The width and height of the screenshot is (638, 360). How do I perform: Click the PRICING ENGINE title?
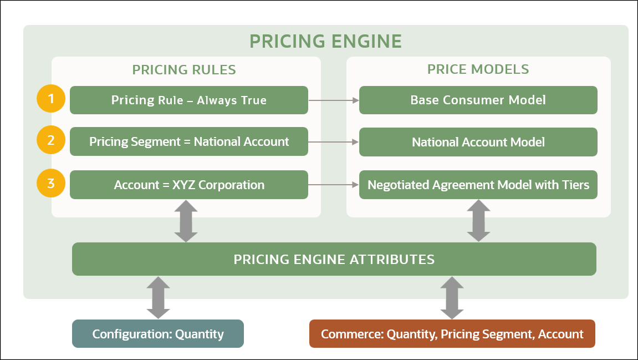325,41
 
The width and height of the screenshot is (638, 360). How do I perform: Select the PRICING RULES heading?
184,69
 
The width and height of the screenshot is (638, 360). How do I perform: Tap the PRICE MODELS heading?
478,69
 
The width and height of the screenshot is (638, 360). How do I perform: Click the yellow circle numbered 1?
51,99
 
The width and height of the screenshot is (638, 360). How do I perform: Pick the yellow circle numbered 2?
51,141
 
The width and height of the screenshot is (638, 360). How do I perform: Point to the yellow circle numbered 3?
51,183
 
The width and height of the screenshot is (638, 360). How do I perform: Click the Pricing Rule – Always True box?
188,100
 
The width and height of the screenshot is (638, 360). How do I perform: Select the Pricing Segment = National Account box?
188,142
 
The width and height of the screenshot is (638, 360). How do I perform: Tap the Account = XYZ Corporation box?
188,185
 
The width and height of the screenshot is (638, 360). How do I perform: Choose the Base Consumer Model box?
478,100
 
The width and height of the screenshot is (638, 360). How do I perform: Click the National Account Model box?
478,142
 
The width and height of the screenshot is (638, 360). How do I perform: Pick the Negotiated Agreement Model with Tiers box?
478,185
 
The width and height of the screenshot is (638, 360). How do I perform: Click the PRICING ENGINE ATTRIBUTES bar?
334,259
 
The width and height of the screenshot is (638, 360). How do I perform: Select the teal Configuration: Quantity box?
158,334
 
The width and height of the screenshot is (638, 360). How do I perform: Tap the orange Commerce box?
452,334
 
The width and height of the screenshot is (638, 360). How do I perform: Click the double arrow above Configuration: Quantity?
159,297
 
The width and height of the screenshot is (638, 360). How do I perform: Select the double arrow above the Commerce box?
452,297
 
